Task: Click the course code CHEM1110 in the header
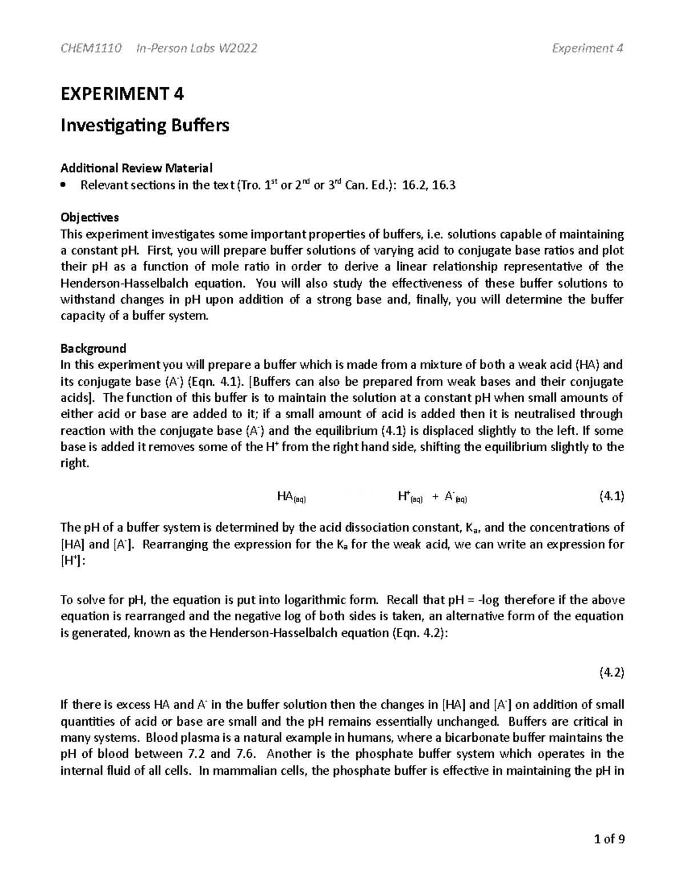pyautogui.click(x=91, y=48)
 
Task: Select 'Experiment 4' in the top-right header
pyautogui.click(x=587, y=48)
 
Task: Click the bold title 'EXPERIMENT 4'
pyautogui.click(x=122, y=94)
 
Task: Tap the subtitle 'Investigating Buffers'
pyautogui.click(x=145, y=125)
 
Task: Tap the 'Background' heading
pyautogui.click(x=93, y=348)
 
